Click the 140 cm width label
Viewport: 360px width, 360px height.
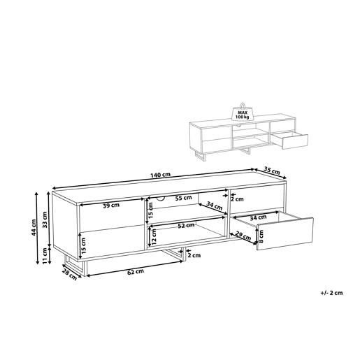tap(160, 175)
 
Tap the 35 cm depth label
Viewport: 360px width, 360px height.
tap(272, 171)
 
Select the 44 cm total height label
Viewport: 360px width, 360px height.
tap(34, 227)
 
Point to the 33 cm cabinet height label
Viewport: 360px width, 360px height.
tap(45, 219)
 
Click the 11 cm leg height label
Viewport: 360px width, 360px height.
tap(45, 256)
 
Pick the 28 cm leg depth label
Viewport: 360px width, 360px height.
tap(69, 274)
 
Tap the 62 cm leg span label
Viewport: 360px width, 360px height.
tap(136, 271)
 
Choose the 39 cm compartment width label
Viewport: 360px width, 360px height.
tap(111, 206)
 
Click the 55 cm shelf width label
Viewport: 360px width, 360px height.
tap(184, 198)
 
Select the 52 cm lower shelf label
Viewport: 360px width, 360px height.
tap(186, 225)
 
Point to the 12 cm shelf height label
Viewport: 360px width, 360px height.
tap(154, 237)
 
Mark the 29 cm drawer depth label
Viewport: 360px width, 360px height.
tap(243, 236)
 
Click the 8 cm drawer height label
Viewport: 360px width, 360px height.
tap(261, 236)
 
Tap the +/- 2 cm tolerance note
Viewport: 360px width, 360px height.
tap(331, 293)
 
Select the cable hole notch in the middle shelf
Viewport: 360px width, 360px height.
tap(160, 199)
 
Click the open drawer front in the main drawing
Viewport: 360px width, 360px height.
tap(285, 233)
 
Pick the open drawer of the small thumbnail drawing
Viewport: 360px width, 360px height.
tap(290, 141)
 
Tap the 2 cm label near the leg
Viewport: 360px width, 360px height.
tap(194, 255)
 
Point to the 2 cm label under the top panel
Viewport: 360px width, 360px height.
tap(237, 199)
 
